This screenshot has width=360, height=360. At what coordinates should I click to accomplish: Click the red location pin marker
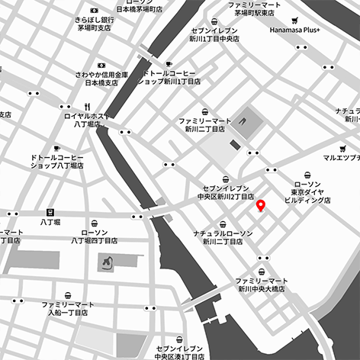coord(261,205)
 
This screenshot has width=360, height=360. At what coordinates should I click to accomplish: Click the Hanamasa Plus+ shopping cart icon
coord(295,21)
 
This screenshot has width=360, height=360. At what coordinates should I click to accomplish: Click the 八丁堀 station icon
coord(51,211)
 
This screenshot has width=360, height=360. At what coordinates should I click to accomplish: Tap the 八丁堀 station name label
coord(51,223)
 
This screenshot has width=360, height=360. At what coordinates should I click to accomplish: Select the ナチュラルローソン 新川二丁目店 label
coord(223,236)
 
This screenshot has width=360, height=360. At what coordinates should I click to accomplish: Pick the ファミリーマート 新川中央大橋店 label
coord(262,285)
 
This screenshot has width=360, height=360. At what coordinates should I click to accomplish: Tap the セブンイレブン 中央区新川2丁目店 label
coord(225,191)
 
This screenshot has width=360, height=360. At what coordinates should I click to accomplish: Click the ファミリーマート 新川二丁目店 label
coord(204,126)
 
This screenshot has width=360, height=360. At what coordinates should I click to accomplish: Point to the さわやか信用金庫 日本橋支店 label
coord(101,79)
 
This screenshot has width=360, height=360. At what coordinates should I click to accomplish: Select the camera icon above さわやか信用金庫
coord(101,65)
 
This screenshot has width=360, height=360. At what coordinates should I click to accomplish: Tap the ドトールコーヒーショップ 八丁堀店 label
coord(56,162)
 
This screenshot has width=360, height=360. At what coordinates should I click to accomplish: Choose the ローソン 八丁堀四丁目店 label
coord(94,236)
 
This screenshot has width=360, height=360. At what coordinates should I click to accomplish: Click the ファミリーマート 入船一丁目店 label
coord(69,308)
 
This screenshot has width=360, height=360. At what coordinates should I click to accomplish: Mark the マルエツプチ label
coord(340,159)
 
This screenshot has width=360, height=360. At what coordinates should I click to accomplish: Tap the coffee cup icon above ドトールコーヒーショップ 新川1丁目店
coord(169,64)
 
